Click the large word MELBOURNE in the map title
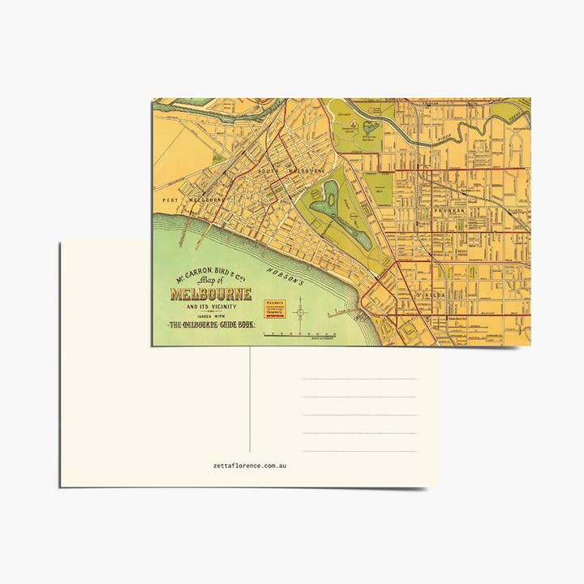click(211, 294)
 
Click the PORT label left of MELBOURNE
click(170, 200)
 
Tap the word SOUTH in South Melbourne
click(270, 172)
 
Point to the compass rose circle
click(301, 310)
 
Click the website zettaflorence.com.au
click(250, 466)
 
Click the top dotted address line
click(359, 379)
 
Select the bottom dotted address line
click(359, 451)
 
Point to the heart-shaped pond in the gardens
click(371, 127)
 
